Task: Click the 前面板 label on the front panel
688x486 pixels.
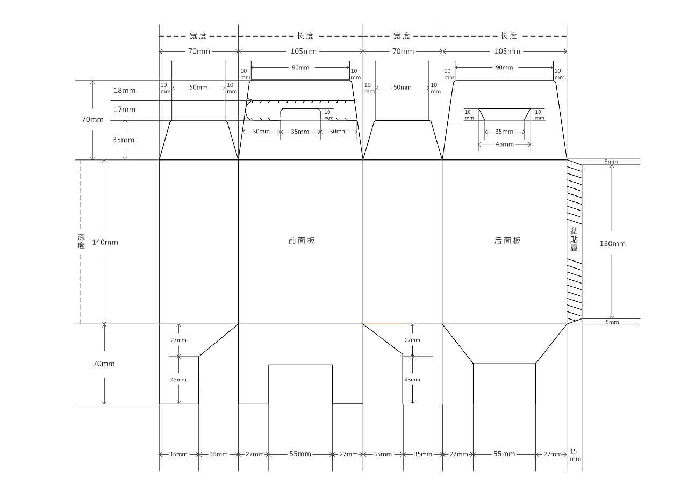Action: click(302, 241)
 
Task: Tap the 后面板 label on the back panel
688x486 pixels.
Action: click(507, 241)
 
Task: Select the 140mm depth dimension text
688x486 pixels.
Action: click(105, 242)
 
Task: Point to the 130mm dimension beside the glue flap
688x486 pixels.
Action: click(612, 244)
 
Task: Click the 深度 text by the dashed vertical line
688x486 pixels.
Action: click(81, 242)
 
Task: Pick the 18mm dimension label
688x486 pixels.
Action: click(124, 90)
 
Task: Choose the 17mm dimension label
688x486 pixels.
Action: click(124, 109)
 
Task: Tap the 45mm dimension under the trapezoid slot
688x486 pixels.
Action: click(504, 144)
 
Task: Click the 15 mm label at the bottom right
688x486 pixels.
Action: click(575, 455)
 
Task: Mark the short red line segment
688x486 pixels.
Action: click(383, 324)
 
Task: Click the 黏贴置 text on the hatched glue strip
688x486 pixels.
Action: click(574, 240)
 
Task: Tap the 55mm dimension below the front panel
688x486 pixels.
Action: click(300, 454)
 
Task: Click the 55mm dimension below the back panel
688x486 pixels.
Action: click(504, 454)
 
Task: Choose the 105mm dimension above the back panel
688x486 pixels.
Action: click(507, 51)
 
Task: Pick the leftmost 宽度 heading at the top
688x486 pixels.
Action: click(198, 36)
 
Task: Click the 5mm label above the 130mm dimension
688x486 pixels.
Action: click(611, 162)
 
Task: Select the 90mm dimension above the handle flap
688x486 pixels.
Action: click(300, 67)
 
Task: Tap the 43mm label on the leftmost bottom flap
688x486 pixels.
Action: click(178, 380)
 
